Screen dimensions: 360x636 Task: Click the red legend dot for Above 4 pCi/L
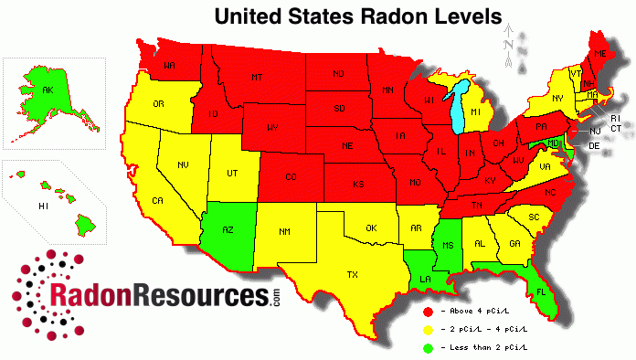(x=427, y=313)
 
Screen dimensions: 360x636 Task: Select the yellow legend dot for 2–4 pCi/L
(x=427, y=329)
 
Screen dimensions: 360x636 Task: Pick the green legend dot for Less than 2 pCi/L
(x=427, y=345)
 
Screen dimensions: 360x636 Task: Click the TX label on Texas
(x=350, y=273)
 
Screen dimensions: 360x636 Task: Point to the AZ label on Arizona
(x=228, y=230)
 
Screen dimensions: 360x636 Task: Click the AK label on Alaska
(x=47, y=90)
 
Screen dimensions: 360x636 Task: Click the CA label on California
(x=156, y=200)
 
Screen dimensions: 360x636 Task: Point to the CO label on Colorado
(x=291, y=176)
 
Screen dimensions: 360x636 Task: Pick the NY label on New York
(x=556, y=97)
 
